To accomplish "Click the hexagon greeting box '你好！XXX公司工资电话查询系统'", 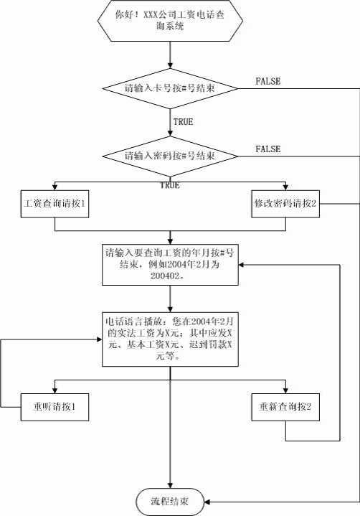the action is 170,20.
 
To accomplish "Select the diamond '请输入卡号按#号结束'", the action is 170,88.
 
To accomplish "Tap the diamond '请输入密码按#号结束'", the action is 170,156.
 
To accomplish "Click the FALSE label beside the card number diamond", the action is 268,81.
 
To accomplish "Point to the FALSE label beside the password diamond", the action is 268,149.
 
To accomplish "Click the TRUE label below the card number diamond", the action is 183,122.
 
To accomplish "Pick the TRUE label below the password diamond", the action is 170,185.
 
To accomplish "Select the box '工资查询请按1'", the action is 55,204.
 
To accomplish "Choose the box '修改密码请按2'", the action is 285,204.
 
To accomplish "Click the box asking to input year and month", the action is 170,265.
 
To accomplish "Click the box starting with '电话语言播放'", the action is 170,339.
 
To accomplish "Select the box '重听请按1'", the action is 55,407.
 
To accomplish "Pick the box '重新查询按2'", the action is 285,407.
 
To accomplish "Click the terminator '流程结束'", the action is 170,502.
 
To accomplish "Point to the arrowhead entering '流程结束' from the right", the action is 207,502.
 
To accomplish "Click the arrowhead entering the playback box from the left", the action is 100,339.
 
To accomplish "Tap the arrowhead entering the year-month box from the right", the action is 241,265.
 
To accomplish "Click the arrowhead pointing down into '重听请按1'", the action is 55,391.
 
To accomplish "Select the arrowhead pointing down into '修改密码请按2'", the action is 285,187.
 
